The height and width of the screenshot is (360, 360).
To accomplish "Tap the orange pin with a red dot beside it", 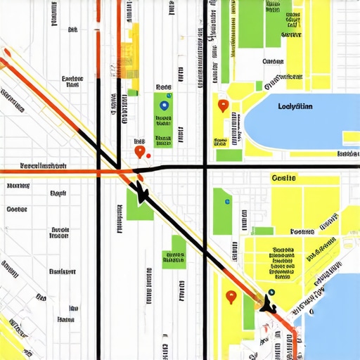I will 139,150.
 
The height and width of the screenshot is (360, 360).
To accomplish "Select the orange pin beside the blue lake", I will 224,106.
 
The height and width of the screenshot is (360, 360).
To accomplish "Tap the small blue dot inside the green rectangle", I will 226,202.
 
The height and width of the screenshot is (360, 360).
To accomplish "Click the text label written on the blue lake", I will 295,107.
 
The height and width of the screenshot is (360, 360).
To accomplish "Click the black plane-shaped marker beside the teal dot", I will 266,304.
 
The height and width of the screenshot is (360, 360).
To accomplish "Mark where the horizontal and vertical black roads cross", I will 205,167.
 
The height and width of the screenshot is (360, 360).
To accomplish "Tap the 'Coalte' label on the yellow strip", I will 283,179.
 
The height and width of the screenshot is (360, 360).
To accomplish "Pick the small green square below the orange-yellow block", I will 131,91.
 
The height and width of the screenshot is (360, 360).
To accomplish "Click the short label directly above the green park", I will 163,87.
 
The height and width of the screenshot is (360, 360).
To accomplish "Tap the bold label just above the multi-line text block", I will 302,231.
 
